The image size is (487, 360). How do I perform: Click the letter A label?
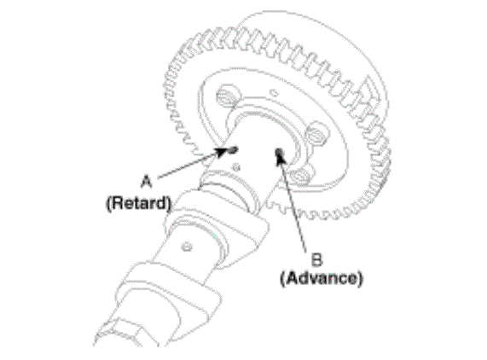(147, 182)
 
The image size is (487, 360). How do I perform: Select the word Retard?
(138, 203)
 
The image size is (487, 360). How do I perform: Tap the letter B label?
(316, 259)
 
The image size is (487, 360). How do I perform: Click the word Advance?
(322, 278)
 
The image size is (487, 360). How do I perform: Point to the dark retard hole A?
(234, 150)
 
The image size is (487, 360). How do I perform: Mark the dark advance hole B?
(279, 152)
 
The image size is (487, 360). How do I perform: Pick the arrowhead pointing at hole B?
(281, 159)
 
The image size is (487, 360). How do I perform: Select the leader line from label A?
(190, 165)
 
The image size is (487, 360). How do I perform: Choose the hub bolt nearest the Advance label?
(301, 177)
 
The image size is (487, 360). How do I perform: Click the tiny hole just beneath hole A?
(236, 167)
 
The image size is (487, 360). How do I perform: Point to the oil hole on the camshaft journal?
(187, 247)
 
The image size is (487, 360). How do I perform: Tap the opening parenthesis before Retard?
(108, 203)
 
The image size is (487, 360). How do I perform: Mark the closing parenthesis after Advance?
(360, 278)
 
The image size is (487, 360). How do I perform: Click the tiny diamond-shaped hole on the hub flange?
(274, 92)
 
